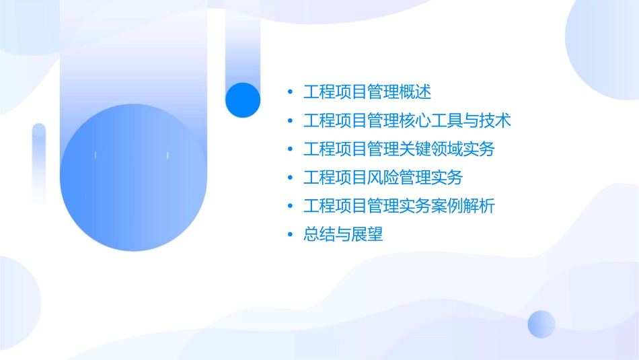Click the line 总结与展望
click(343, 235)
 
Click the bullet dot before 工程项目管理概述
click(290, 92)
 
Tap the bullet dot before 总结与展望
click(290, 235)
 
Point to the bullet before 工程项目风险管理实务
click(290, 178)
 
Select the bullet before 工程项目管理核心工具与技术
click(290, 120)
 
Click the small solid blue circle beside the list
click(243, 100)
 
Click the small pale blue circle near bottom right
click(541, 324)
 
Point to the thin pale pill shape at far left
click(39, 164)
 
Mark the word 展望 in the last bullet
click(367, 235)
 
